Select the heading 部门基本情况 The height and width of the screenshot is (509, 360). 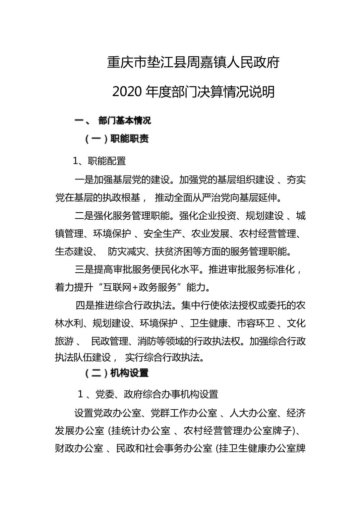coord(125,121)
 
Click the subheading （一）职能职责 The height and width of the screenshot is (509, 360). coord(116,139)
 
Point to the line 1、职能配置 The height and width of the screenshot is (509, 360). coord(100,161)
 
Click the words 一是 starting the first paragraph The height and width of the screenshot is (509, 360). coord(84,180)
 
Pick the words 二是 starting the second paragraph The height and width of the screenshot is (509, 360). coord(84,216)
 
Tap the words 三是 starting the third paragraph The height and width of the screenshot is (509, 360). coord(84,270)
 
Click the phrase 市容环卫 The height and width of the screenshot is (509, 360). coord(256,323)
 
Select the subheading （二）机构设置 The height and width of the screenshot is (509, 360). coord(116,373)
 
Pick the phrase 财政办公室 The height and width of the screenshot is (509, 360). coord(79,449)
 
